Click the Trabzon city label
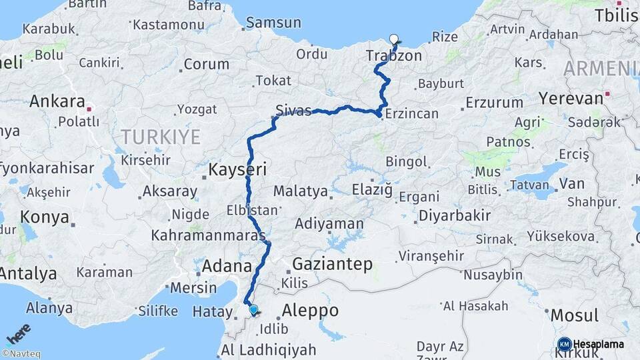[x=393, y=56]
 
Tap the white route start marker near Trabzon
[x=393, y=39]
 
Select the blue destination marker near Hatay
[x=253, y=309]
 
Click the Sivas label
[x=294, y=111]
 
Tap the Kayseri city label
[x=238, y=170]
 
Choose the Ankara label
[x=57, y=103]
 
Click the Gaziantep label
[x=333, y=264]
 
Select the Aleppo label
[x=310, y=311]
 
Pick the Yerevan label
[x=569, y=99]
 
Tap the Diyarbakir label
[x=454, y=216]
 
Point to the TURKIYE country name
[x=160, y=138]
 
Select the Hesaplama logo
[x=591, y=344]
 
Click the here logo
[x=19, y=333]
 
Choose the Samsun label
[x=273, y=23]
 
